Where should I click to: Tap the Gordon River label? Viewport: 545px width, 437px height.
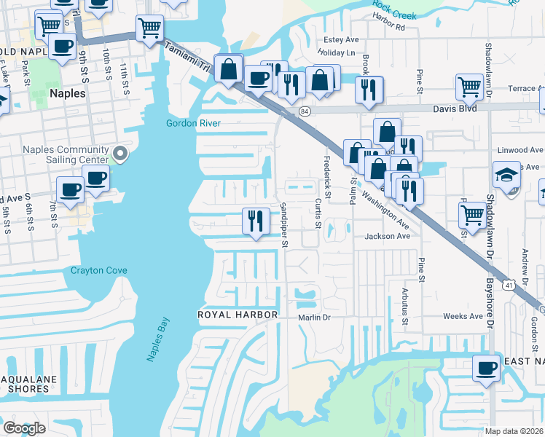193,123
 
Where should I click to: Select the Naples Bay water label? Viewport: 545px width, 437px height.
157,339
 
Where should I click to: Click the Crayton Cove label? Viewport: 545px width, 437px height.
99,271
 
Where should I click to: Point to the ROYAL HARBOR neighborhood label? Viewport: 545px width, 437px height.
238,315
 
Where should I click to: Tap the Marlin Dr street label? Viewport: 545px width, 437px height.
314,318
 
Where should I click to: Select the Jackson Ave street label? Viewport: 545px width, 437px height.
388,236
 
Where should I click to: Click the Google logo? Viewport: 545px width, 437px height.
24,428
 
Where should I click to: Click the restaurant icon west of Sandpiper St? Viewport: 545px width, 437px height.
255,220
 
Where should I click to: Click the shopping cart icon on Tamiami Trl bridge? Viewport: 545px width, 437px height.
149,29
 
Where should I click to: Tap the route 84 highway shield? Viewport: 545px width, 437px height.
305,111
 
